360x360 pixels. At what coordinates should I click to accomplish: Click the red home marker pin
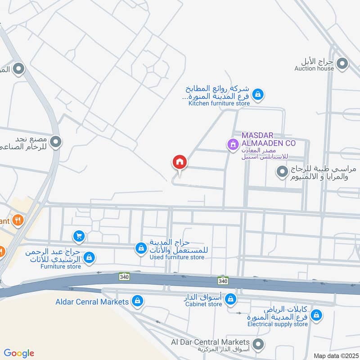click(x=179, y=162)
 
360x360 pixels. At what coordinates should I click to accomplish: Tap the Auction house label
click(x=314, y=68)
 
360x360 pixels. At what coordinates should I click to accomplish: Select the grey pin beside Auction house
click(x=342, y=64)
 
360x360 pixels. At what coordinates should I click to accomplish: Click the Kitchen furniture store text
click(x=219, y=103)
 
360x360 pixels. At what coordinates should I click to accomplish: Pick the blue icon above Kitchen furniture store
click(x=258, y=94)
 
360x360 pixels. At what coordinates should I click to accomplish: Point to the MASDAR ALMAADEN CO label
click(x=268, y=139)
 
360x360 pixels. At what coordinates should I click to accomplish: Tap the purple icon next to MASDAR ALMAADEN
click(x=232, y=144)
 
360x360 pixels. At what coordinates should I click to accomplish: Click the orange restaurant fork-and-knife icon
click(x=18, y=220)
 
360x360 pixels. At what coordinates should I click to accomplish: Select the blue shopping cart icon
click(x=79, y=235)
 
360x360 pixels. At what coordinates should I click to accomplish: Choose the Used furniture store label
click(x=177, y=257)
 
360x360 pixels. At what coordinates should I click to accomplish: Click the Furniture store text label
click(x=60, y=266)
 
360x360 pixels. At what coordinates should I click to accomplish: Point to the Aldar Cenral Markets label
click(x=93, y=301)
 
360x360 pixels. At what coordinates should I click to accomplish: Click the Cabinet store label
click(x=203, y=304)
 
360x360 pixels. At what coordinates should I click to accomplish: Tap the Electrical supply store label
click(x=277, y=324)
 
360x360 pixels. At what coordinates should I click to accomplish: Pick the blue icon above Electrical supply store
click(x=316, y=315)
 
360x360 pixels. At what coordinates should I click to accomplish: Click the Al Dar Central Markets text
click(x=210, y=342)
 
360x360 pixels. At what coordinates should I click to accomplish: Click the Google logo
click(x=19, y=353)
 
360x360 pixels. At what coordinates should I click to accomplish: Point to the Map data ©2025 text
click(x=335, y=355)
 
